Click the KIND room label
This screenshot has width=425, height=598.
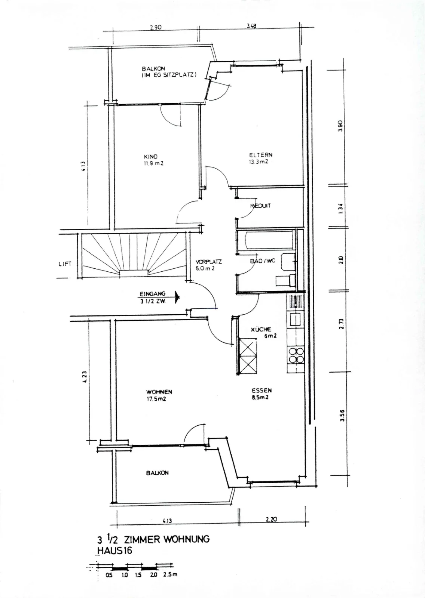tap(151, 157)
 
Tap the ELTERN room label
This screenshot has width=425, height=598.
tap(261, 155)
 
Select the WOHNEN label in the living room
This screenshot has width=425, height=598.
tap(159, 392)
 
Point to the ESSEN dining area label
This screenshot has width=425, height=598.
tap(262, 390)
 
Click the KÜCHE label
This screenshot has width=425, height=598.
tap(261, 329)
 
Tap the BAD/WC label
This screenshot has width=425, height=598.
tap(263, 261)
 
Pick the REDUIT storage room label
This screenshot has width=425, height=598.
tap(260, 206)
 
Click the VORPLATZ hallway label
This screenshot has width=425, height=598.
tap(208, 262)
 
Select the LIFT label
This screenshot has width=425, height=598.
tap(65, 264)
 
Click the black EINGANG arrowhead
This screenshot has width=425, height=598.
tap(177, 297)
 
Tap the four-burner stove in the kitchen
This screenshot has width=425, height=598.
tap(296, 355)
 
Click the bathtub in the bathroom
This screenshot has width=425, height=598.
tap(266, 241)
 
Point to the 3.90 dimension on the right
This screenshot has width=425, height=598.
tap(340, 126)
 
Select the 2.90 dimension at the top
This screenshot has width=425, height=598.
tap(156, 27)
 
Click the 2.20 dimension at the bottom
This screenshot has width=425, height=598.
tap(271, 519)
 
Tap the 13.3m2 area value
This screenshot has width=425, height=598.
tap(259, 162)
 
